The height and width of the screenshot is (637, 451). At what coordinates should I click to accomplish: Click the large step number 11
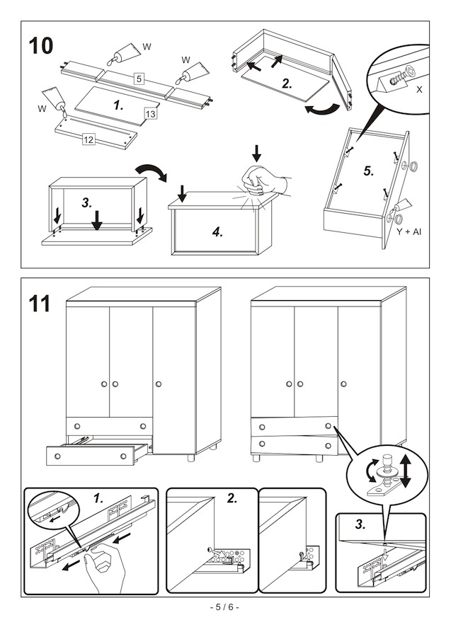[x=40, y=304]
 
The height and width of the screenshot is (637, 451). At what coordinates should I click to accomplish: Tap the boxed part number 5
[x=139, y=79]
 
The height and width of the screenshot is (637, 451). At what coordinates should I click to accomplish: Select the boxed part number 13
[x=151, y=114]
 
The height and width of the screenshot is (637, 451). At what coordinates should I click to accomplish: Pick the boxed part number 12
[x=89, y=139]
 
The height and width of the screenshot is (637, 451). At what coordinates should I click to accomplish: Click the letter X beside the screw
[x=419, y=91]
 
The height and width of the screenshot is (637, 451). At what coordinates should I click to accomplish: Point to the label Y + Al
[x=409, y=231]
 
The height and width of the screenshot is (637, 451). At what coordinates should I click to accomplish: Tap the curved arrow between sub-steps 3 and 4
[x=149, y=173]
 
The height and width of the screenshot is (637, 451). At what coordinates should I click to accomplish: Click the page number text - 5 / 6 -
[x=225, y=607]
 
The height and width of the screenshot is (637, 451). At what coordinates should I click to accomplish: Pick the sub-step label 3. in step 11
[x=360, y=524]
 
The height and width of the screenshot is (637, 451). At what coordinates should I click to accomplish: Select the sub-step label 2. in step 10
[x=286, y=83]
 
